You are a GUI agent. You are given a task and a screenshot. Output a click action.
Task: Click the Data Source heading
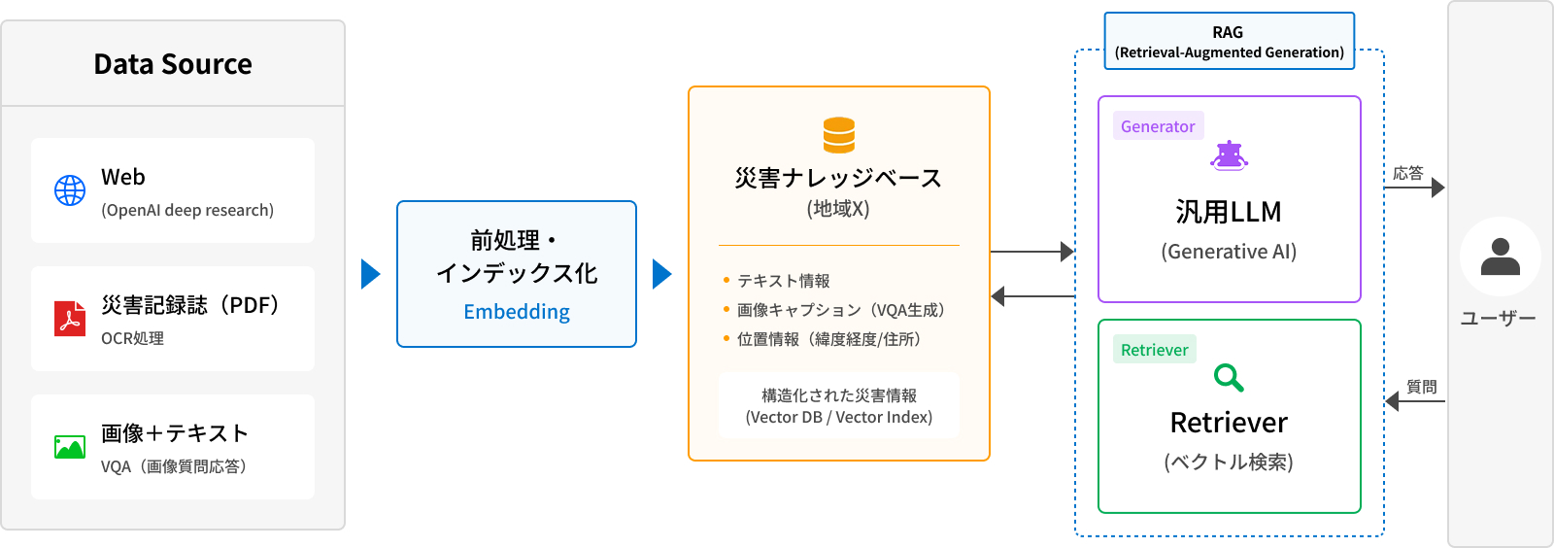pos(173,64)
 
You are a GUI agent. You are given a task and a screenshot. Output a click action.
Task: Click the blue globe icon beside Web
pos(70,190)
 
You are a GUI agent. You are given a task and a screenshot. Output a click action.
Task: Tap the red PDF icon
pos(70,319)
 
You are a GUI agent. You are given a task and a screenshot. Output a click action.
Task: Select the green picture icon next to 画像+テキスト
pos(70,447)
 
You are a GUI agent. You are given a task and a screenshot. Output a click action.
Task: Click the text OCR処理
pos(132,338)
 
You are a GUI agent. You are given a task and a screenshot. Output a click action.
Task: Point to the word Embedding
pos(517,312)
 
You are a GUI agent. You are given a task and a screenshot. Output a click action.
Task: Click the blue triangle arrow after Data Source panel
pos(370,274)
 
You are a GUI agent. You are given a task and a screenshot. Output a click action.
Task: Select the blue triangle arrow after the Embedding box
pos(661,274)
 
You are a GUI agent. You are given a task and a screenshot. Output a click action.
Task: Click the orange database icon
pos(839,135)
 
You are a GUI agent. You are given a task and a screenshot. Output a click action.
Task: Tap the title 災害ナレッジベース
pos(838,178)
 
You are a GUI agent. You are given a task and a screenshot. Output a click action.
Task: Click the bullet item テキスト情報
pos(783,281)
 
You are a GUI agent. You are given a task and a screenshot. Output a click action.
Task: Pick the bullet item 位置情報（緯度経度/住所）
pos(828,339)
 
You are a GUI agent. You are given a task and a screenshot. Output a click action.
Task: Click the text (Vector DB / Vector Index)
pos(838,417)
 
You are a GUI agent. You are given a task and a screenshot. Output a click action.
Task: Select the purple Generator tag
pos(1158,126)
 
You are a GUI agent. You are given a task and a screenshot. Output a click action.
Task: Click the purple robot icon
pos(1229,155)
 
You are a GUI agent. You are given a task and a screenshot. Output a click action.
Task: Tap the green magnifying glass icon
pos(1229,377)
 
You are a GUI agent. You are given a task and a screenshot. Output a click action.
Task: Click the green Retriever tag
pos(1154,350)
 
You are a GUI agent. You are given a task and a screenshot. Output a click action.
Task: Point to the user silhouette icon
pos(1500,257)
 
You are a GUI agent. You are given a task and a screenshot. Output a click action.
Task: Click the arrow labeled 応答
pos(1414,188)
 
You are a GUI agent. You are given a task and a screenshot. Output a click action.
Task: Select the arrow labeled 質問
pos(1415,401)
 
